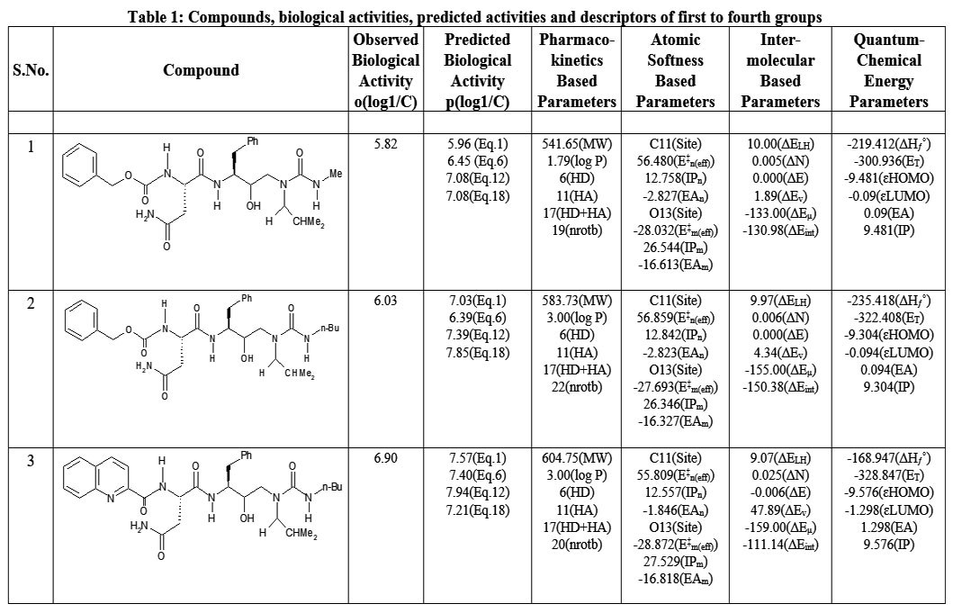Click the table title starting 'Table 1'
pyautogui.click(x=475, y=17)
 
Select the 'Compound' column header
pyautogui.click(x=201, y=70)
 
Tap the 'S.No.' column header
pyautogui.click(x=31, y=70)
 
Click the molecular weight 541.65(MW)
pyautogui.click(x=576, y=144)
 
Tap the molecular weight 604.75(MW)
pyautogui.click(x=576, y=459)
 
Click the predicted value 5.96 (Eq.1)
pyautogui.click(x=478, y=144)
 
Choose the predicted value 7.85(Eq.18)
pyautogui.click(x=478, y=352)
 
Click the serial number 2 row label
pyautogui.click(x=31, y=303)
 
